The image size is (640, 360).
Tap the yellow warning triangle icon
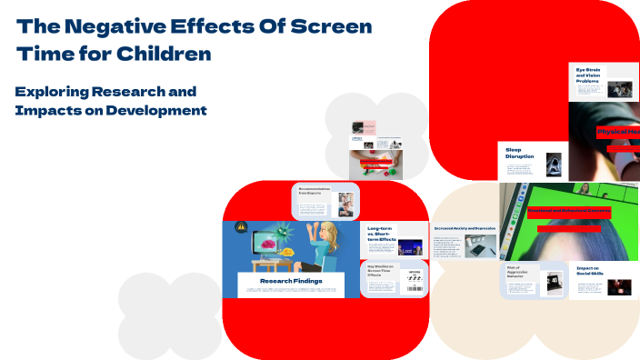pyautogui.click(x=241, y=228)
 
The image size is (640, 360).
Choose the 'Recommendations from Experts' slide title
pyautogui.click(x=315, y=191)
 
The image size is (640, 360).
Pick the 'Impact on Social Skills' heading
pyautogui.click(x=588, y=270)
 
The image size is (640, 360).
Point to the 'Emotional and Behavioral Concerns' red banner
pyautogui.click(x=569, y=211)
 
